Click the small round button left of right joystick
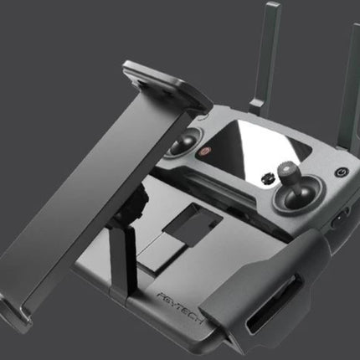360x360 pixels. click(267, 177)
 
